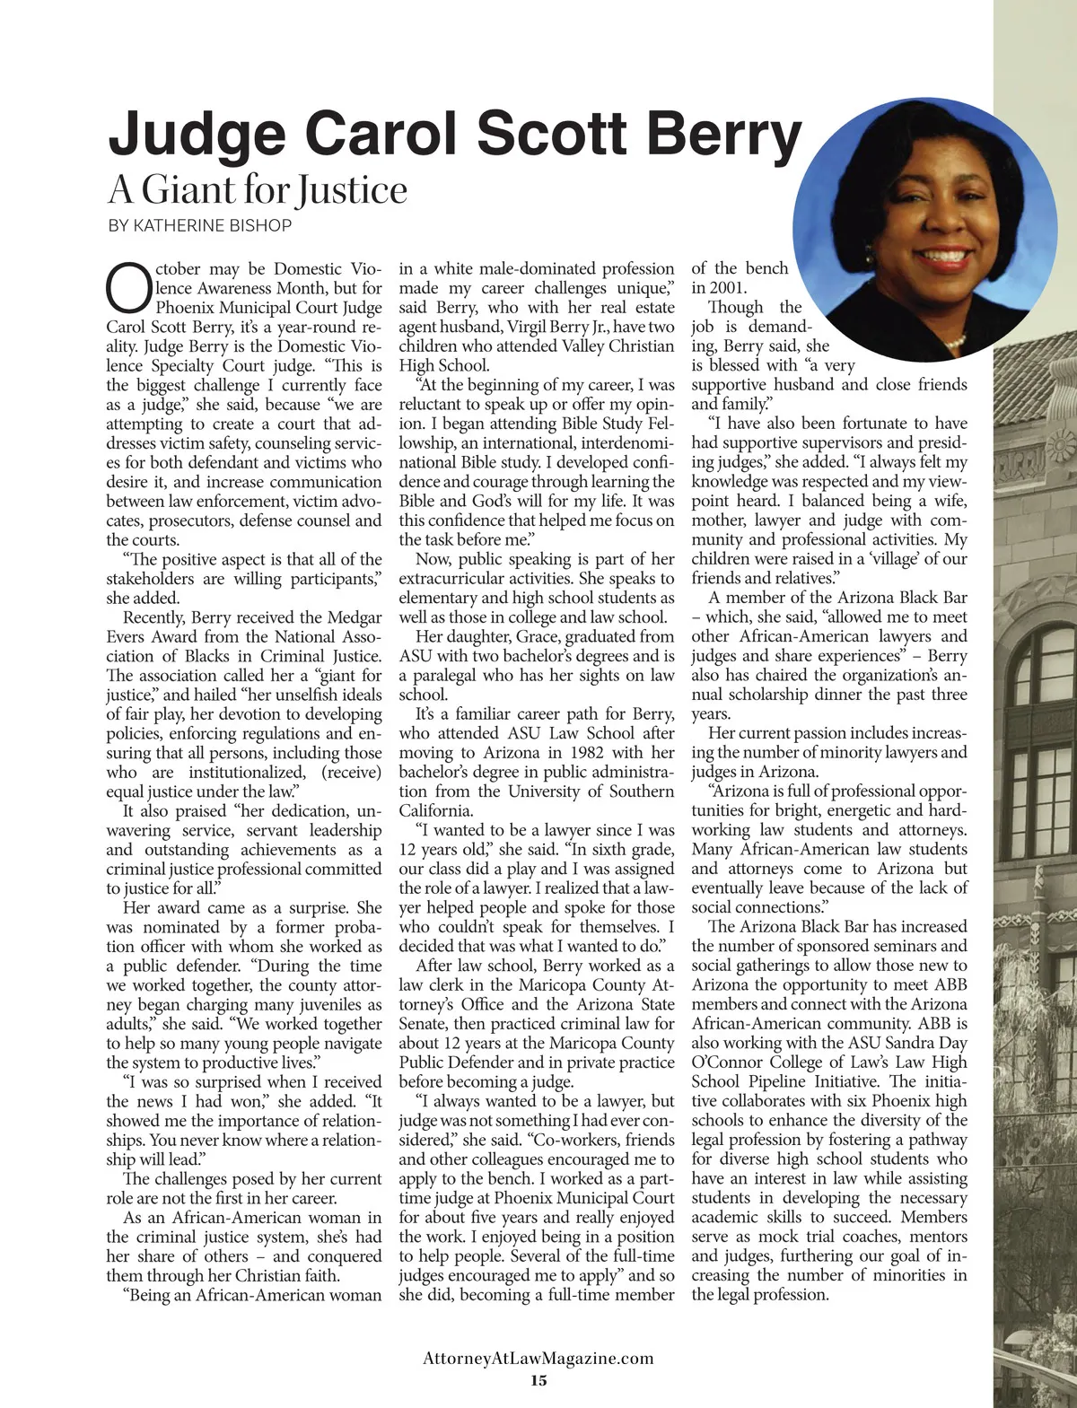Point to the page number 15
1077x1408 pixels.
point(538,1380)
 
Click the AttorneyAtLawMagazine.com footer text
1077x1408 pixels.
point(538,1359)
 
